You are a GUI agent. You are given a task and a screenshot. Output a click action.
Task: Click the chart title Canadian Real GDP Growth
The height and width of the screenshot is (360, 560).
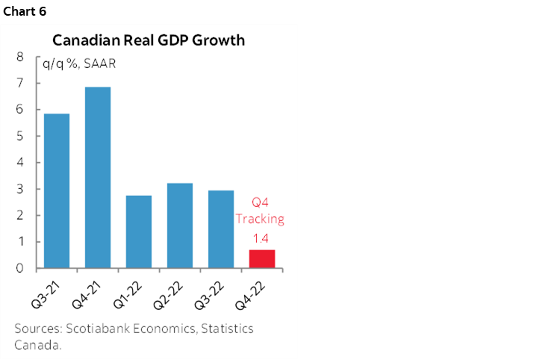point(149,40)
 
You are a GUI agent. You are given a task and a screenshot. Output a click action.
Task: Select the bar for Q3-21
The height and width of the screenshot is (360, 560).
point(57,190)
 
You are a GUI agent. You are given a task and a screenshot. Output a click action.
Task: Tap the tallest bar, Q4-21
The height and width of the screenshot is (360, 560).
point(98,178)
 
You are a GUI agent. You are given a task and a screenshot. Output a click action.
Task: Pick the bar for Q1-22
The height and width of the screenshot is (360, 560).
point(139,232)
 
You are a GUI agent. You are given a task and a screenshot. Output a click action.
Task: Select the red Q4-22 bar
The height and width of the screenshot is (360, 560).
point(261,258)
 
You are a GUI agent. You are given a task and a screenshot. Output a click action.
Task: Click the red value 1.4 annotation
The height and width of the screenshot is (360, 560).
point(261,238)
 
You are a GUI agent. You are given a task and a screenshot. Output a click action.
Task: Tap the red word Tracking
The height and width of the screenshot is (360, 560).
point(261,220)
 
